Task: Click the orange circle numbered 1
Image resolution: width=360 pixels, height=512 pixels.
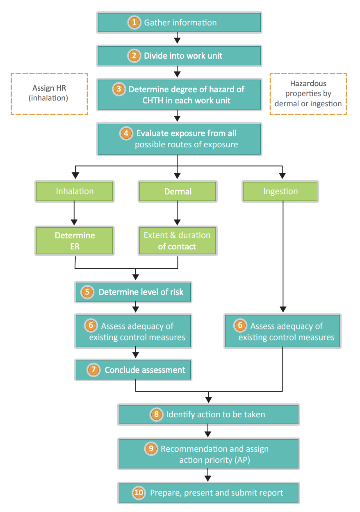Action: (x=134, y=23)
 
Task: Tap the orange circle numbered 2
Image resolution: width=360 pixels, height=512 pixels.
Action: (x=134, y=55)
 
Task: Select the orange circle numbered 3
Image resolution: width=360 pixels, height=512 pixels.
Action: (x=119, y=89)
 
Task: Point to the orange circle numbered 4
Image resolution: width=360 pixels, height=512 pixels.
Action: (x=126, y=133)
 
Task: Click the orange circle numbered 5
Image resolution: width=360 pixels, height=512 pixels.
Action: (x=87, y=292)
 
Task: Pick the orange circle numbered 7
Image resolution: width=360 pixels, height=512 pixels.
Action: (x=93, y=370)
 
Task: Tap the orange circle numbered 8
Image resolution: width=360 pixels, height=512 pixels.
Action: (x=157, y=414)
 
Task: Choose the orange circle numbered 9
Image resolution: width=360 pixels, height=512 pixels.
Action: (x=151, y=448)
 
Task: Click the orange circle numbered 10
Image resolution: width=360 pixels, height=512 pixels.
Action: (x=139, y=493)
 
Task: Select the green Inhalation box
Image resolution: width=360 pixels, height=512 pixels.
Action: (x=75, y=191)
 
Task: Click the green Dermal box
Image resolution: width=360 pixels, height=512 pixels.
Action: (x=178, y=191)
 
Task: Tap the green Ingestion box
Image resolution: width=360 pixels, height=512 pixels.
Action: (x=280, y=191)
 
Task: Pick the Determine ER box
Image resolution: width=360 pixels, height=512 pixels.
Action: (x=75, y=241)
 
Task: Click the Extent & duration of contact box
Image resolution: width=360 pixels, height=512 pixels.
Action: (x=178, y=241)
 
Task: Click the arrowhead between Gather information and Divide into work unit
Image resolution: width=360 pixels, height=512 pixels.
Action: (x=177, y=41)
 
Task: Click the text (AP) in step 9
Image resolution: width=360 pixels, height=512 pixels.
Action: (x=242, y=460)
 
